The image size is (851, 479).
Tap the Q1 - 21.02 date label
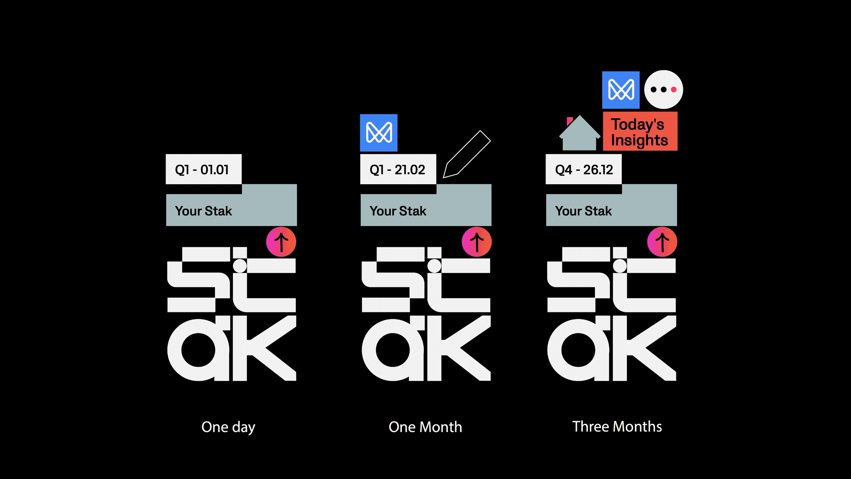[x=398, y=169]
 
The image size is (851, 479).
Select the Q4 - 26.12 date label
[x=584, y=169]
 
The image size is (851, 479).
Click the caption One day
[x=228, y=427]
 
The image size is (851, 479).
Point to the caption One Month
[x=425, y=427]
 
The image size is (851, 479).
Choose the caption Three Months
[x=617, y=426]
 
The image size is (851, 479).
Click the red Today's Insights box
[x=640, y=132]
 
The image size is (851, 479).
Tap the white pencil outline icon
[x=466, y=154]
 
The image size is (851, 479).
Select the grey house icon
[x=579, y=134]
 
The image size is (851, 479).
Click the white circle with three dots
[x=663, y=90]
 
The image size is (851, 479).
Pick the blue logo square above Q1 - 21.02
[x=379, y=133]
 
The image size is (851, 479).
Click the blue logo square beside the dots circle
[x=621, y=90]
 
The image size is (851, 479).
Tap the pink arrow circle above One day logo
[x=281, y=242]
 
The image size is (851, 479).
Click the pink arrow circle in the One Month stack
[x=476, y=242]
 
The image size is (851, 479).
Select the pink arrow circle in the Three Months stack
[x=662, y=242]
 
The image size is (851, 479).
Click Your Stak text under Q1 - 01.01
[x=204, y=211]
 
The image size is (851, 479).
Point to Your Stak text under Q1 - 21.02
[x=398, y=211]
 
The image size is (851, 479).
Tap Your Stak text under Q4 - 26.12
[x=584, y=211]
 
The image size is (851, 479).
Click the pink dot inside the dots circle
[x=674, y=90]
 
